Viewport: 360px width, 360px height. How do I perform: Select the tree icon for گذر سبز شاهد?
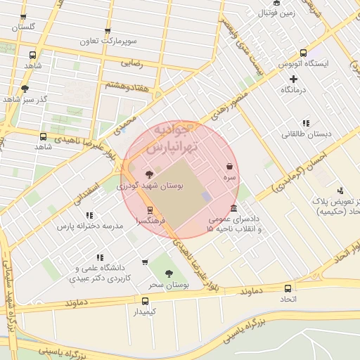click(25, 89)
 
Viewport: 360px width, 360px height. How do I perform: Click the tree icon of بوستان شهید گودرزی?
click(148, 174)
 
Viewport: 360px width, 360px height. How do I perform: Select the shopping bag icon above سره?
click(230, 167)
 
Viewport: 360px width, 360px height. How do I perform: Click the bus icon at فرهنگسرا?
click(149, 210)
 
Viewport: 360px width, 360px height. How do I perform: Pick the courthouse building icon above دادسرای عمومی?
click(234, 208)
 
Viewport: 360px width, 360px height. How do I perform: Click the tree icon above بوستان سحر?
click(168, 274)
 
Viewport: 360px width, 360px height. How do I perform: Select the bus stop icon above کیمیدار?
click(146, 300)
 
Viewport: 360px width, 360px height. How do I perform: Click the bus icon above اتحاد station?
click(289, 288)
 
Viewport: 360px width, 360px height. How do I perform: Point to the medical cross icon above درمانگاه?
click(293, 78)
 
